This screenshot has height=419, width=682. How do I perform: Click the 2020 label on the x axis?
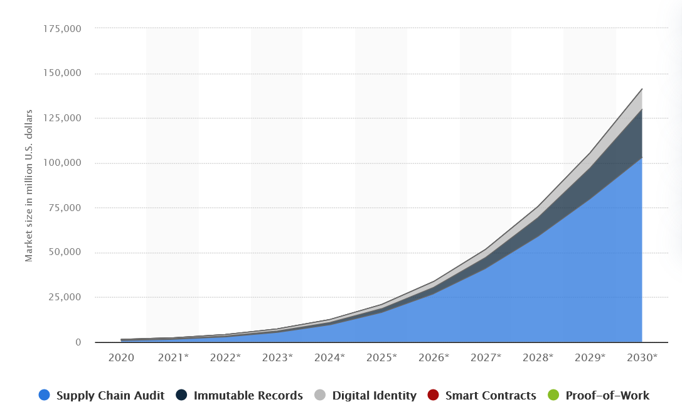point(120,357)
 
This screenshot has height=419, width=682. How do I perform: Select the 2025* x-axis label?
point(381,357)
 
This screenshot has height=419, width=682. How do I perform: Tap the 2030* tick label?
point(642,357)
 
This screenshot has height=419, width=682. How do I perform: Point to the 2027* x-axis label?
point(486,357)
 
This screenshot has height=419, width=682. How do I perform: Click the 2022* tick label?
point(225,357)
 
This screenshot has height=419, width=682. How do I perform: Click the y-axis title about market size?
point(29,186)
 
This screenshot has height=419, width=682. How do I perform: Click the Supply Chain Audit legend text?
point(110,396)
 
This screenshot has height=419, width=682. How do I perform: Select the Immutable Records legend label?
point(248,396)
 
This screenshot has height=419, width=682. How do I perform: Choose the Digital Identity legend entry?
point(374,396)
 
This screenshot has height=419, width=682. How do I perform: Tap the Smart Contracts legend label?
point(491,396)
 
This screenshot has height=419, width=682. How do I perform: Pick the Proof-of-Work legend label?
point(607,396)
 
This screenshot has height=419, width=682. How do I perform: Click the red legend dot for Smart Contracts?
point(433,395)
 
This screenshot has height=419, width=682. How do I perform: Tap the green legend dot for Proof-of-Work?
point(553,395)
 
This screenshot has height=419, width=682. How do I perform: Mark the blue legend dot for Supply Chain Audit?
point(44,395)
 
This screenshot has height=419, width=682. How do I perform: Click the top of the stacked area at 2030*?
point(642,89)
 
